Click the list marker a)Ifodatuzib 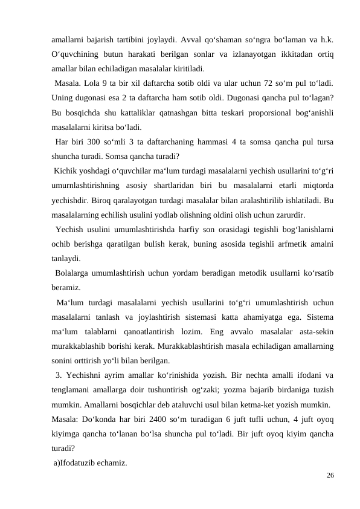pos(80,463)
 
